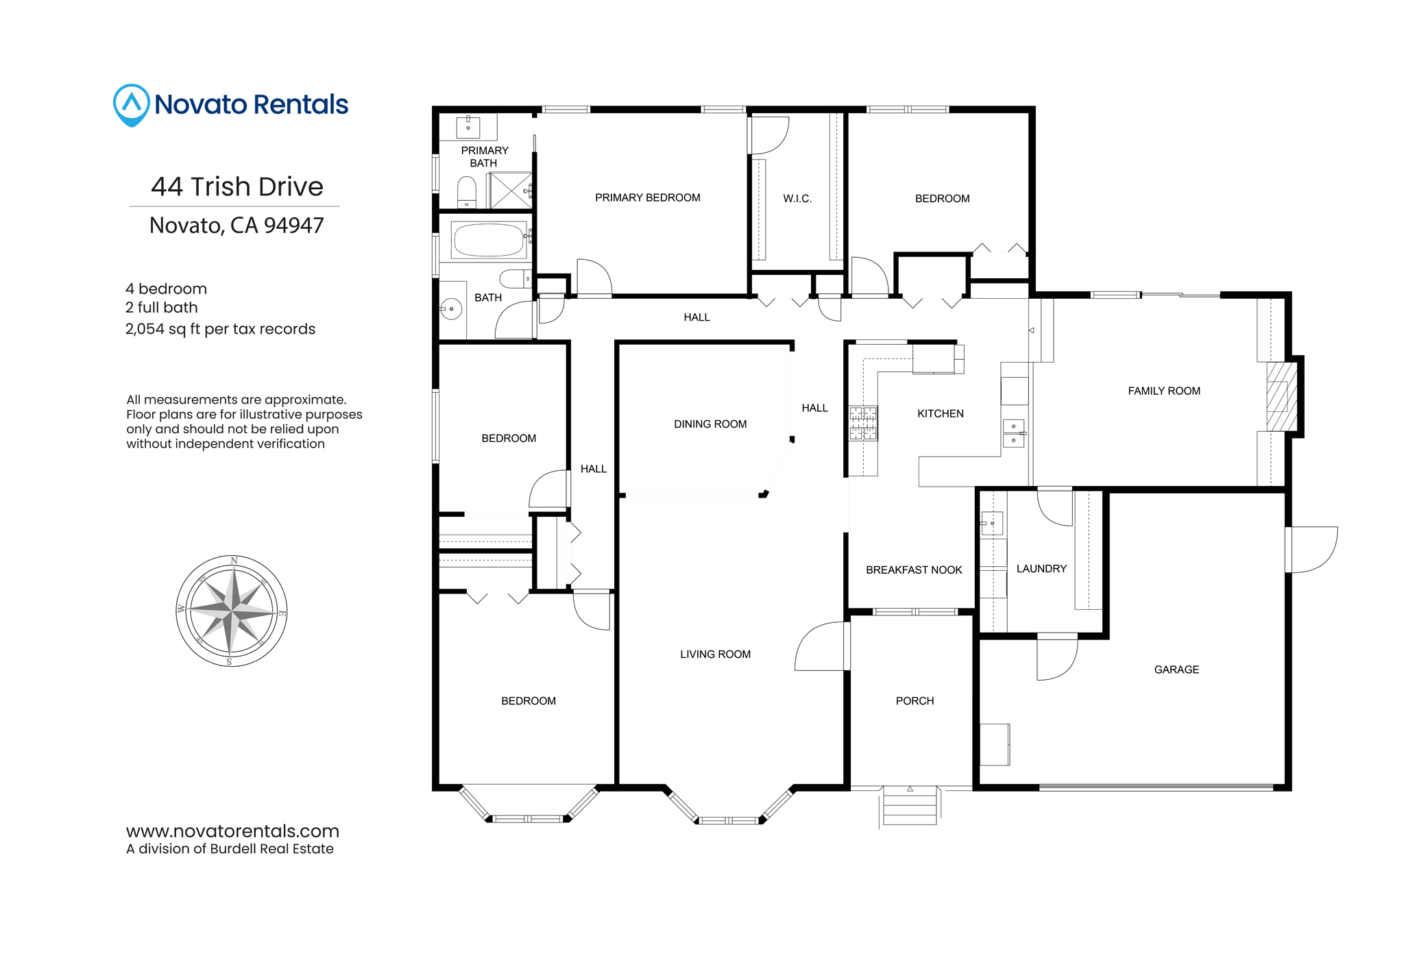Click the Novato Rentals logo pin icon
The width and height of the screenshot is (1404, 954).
pyautogui.click(x=131, y=105)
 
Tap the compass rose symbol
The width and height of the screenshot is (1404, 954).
pyautogui.click(x=232, y=611)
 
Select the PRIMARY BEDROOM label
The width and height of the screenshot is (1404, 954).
pyautogui.click(x=647, y=197)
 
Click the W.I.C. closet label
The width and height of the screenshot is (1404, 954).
pyautogui.click(x=797, y=199)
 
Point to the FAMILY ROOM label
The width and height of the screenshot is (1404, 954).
pyautogui.click(x=1164, y=391)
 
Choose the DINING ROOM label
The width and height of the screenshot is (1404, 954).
pyautogui.click(x=710, y=424)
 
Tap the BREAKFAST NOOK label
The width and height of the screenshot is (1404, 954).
pyautogui.click(x=914, y=570)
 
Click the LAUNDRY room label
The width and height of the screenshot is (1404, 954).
pyautogui.click(x=1041, y=568)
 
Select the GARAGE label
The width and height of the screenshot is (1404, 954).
pyautogui.click(x=1176, y=670)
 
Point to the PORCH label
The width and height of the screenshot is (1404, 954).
pyautogui.click(x=915, y=700)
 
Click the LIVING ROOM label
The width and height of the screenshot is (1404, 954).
pyautogui.click(x=715, y=654)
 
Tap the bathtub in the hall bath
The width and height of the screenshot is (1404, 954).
pyautogui.click(x=488, y=240)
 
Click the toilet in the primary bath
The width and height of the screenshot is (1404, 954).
pyautogui.click(x=467, y=191)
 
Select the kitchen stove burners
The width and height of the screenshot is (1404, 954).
pyautogui.click(x=863, y=423)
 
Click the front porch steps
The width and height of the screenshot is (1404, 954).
pyautogui.click(x=910, y=805)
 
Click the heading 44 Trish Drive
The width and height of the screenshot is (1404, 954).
pyautogui.click(x=237, y=186)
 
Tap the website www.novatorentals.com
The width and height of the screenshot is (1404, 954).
pyautogui.click(x=232, y=831)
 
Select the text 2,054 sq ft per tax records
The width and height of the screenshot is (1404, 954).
pyautogui.click(x=220, y=329)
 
